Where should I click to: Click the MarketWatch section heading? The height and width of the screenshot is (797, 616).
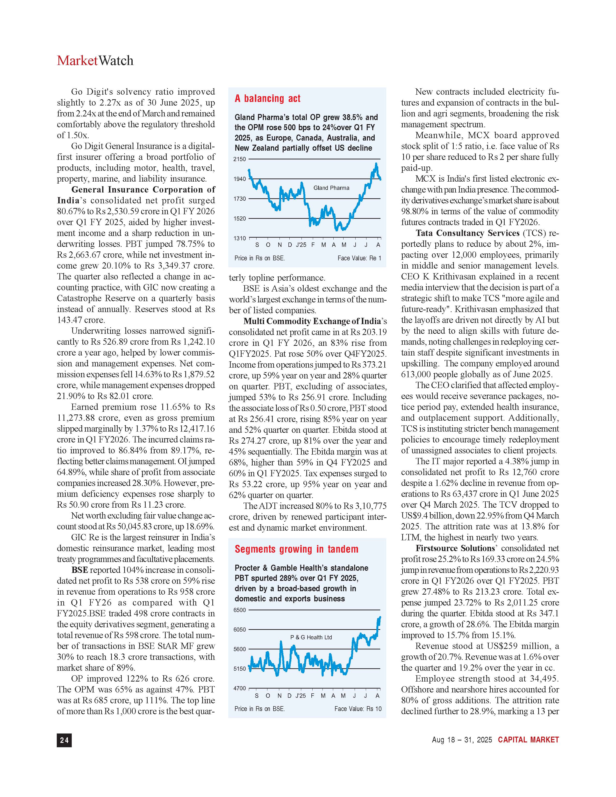tap(95, 61)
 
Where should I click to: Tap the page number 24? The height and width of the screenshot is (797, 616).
tap(64, 740)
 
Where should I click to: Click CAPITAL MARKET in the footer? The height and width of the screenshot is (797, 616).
tap(528, 740)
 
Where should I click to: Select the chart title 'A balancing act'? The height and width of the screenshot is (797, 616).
tap(267, 99)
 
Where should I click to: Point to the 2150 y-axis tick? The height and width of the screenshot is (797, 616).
tap(240, 159)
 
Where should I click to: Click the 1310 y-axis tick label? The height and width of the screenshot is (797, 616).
tap(240, 238)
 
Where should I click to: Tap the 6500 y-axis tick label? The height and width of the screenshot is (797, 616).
tap(240, 610)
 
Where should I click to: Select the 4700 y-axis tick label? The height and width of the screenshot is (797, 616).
tap(240, 688)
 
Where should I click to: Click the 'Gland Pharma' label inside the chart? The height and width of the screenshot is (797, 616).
tap(331, 188)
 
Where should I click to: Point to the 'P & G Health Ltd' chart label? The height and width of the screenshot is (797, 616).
tap(311, 637)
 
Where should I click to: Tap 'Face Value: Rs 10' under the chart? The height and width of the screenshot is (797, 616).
tap(358, 709)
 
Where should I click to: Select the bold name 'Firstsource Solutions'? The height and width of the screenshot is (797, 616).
tap(455, 548)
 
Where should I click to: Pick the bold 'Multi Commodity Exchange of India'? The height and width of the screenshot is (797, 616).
tap(312, 321)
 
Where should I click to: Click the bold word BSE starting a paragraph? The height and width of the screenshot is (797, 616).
tap(79, 570)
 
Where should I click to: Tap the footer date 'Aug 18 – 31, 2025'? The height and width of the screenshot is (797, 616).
tap(462, 740)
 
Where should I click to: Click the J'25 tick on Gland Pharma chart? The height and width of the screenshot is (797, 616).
tap(301, 245)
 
